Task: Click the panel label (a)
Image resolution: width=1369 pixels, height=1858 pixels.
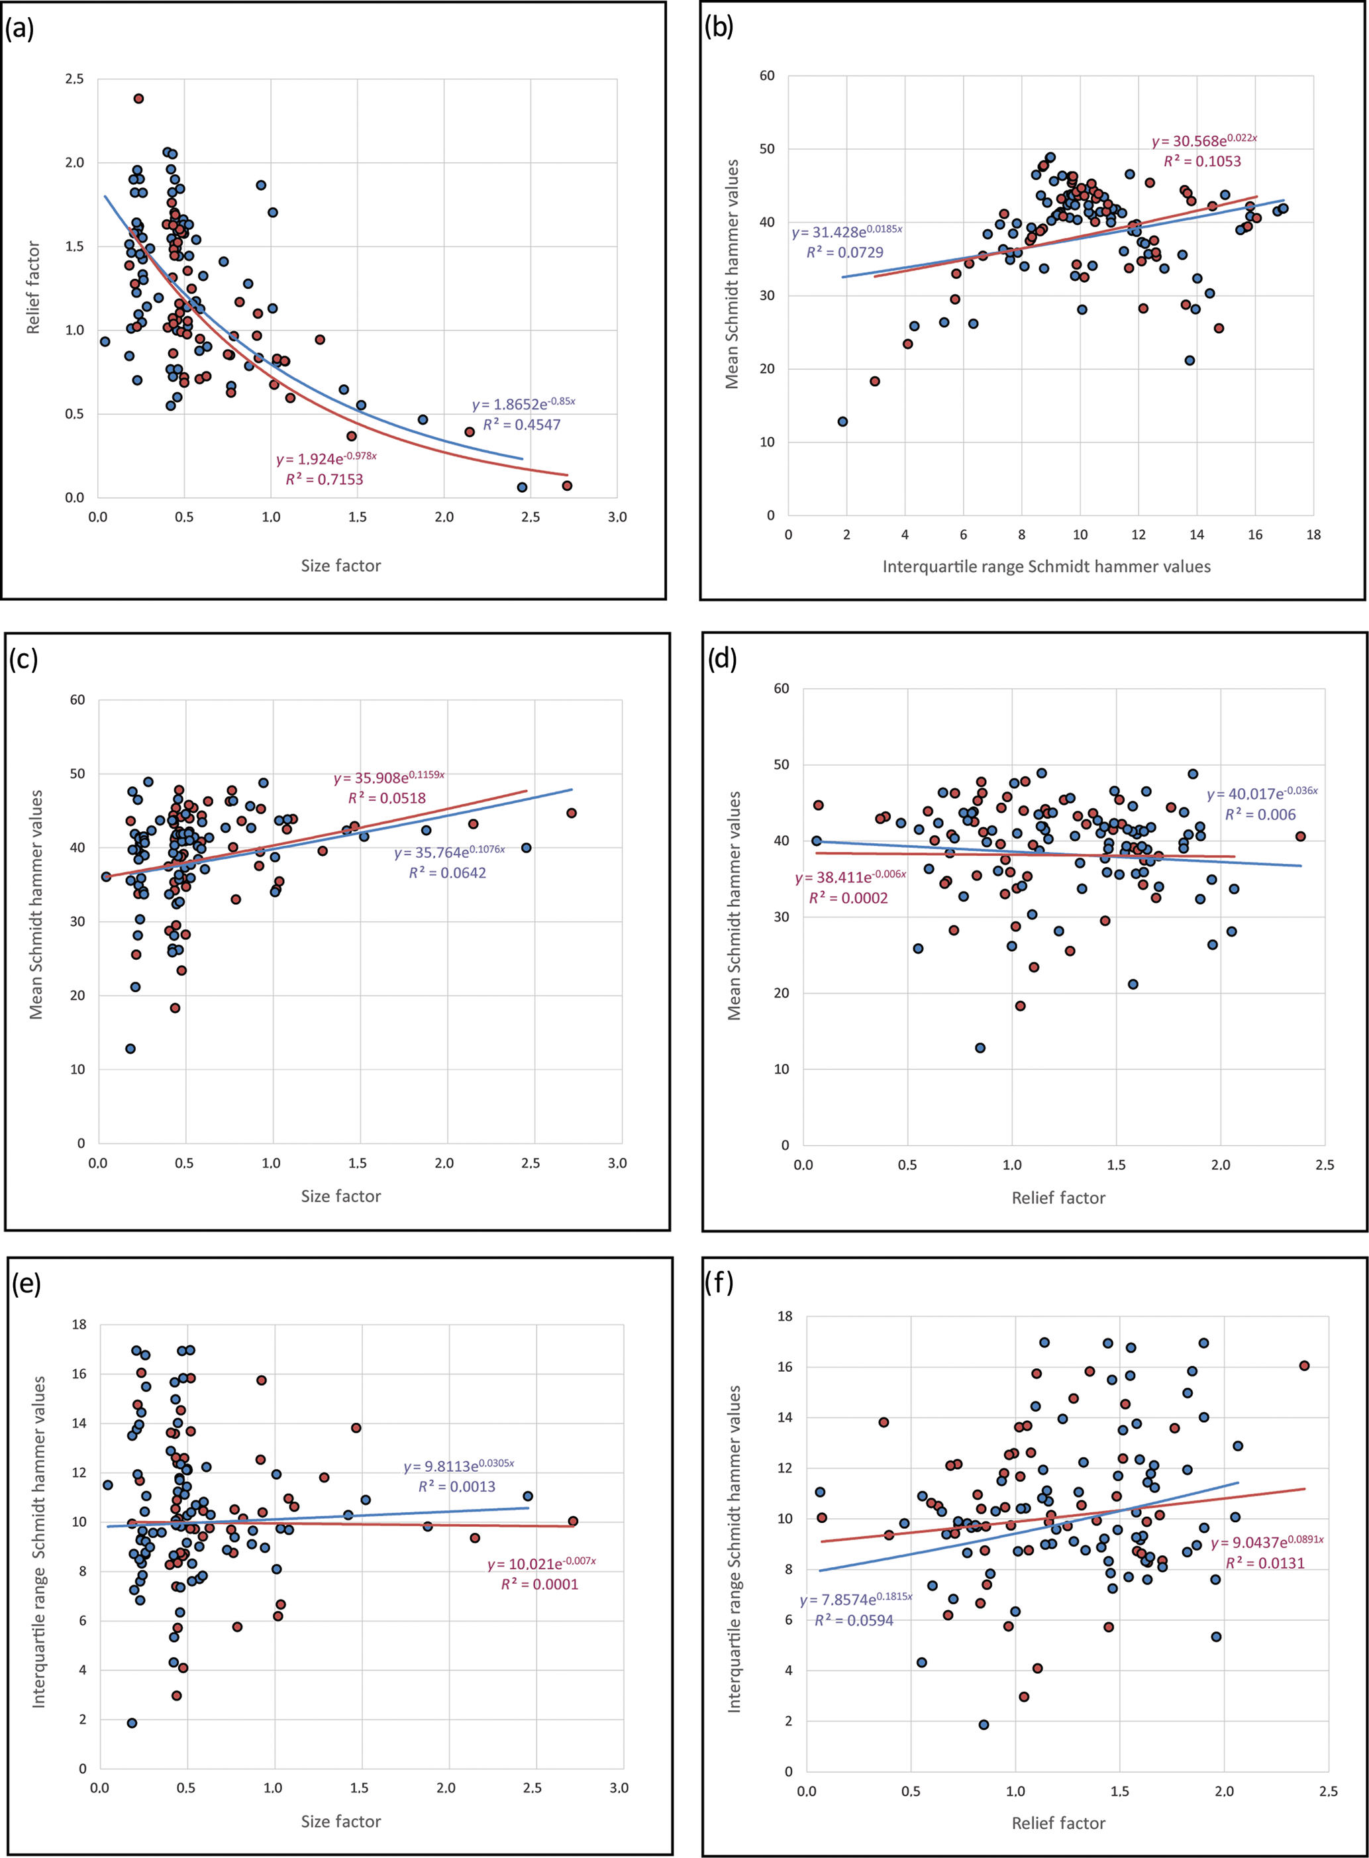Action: pos(19,29)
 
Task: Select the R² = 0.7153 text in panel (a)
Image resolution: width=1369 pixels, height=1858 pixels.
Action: pos(324,479)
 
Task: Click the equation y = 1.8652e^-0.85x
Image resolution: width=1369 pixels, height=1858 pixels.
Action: pos(523,403)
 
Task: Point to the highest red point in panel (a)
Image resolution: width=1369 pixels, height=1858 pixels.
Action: pos(138,99)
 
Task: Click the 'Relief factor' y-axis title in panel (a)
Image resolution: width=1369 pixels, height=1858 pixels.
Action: pos(33,287)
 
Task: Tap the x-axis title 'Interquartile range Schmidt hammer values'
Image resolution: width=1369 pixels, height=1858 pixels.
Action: pos(1046,566)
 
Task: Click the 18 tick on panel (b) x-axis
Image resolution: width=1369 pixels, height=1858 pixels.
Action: pos(1313,535)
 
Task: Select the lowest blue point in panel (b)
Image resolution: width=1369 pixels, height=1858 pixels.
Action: pos(842,421)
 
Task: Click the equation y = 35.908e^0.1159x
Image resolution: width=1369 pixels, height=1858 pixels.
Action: pos(389,778)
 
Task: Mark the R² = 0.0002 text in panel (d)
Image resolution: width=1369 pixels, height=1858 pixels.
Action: pos(848,898)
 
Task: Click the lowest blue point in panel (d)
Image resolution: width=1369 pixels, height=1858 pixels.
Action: pos(980,1047)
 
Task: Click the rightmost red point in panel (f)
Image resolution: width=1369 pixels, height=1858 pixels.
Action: pos(1304,1365)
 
